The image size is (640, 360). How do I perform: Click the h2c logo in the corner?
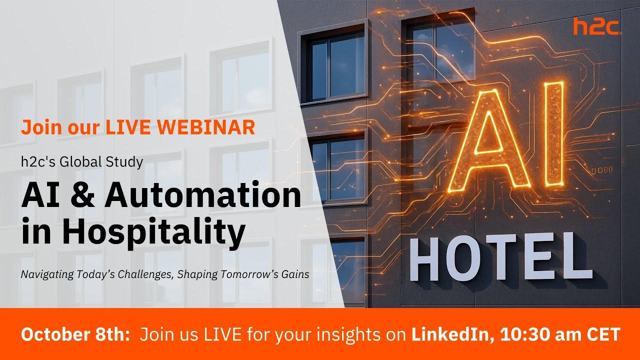point(597,26)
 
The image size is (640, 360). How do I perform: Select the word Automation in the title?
point(203,196)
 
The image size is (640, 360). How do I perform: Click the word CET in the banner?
point(603,334)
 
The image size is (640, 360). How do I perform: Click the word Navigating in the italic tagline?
point(43,274)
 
